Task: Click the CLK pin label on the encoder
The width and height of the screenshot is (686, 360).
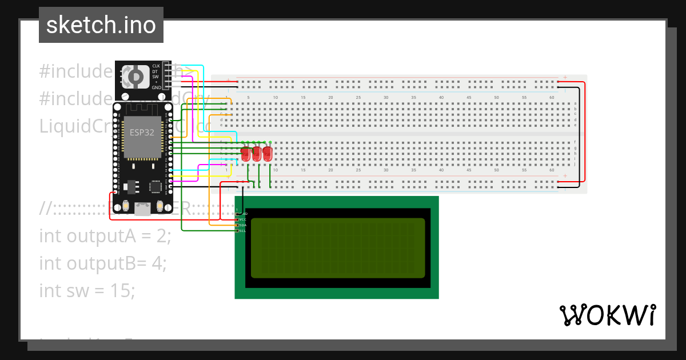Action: click(155, 66)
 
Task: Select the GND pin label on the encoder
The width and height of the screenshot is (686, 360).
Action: click(155, 87)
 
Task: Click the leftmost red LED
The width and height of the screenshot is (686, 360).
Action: click(246, 153)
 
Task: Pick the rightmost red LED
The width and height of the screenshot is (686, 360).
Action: click(268, 153)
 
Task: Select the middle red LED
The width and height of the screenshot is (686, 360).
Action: click(257, 153)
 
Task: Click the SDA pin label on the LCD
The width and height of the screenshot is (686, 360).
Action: click(242, 225)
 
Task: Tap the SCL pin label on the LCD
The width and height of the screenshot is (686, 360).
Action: click(242, 231)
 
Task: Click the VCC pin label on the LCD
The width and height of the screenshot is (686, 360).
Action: click(242, 219)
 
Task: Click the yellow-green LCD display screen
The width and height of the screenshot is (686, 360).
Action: click(337, 248)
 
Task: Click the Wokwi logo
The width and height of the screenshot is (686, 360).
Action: click(607, 315)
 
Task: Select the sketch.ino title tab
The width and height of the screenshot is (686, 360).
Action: click(101, 25)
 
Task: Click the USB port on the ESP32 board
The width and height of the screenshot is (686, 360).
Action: click(141, 208)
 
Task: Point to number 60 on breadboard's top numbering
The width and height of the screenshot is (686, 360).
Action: click(551, 98)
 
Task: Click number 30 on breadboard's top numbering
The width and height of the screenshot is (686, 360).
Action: click(386, 98)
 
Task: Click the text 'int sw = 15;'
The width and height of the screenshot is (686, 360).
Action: click(87, 290)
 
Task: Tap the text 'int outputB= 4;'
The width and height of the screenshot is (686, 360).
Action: click(103, 263)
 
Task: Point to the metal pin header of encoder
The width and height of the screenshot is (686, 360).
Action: click(167, 77)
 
